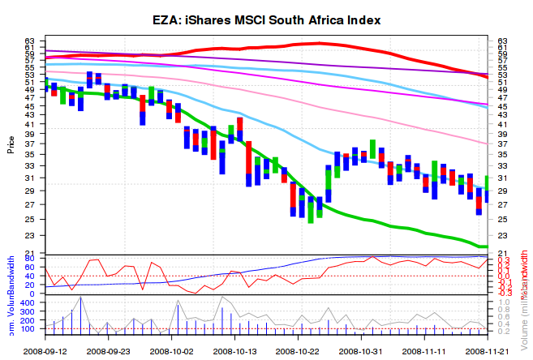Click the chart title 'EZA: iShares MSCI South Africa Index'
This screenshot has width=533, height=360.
click(267, 19)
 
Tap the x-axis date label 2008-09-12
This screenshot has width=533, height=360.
click(45, 351)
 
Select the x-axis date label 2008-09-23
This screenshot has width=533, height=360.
click(109, 351)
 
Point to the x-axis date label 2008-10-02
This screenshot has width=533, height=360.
click(172, 351)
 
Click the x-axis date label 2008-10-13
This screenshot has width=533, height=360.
click(235, 351)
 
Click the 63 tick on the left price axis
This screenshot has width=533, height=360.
click(30, 41)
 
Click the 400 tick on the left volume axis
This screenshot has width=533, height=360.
click(28, 302)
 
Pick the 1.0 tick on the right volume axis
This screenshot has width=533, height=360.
click(504, 302)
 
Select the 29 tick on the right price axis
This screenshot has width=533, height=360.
click(502, 191)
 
